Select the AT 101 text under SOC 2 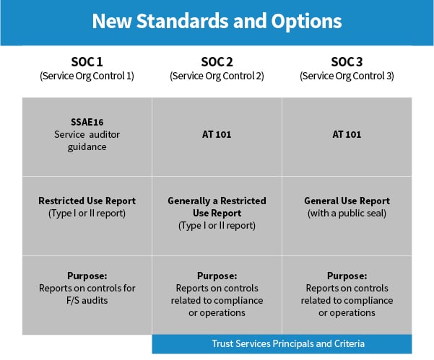pos(217,134)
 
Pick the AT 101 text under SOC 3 pos(347,134)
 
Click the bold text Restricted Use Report pos(87,201)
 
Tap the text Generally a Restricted pos(217,201)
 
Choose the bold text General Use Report pos(347,201)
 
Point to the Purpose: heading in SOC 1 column pos(87,276)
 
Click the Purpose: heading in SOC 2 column pos(217,276)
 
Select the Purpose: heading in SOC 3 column pos(347,276)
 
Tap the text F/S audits pos(87,300)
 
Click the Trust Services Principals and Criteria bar pos(282,343)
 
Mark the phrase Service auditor pos(87,135)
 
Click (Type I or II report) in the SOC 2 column pos(217,225)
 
